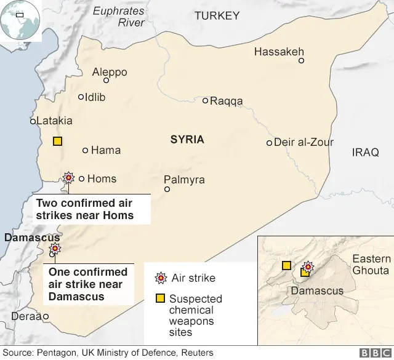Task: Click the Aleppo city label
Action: coord(110,72)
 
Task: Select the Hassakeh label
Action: coord(279,52)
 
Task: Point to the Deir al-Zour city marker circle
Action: coord(269,143)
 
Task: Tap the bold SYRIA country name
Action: coord(187,140)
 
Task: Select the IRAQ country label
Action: coord(366,152)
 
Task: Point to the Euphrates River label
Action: coord(119,17)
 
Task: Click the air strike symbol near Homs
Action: coord(68,178)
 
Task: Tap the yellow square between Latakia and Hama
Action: coord(57,142)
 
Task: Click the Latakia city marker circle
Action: coord(33,121)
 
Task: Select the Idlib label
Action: coord(95,97)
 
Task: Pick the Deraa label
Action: coord(26,316)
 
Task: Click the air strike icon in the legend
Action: coord(161,278)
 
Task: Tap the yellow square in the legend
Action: coord(160,298)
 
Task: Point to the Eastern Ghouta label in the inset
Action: coord(371,265)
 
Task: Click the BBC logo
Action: coord(372,353)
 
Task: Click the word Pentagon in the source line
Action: coord(55,353)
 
